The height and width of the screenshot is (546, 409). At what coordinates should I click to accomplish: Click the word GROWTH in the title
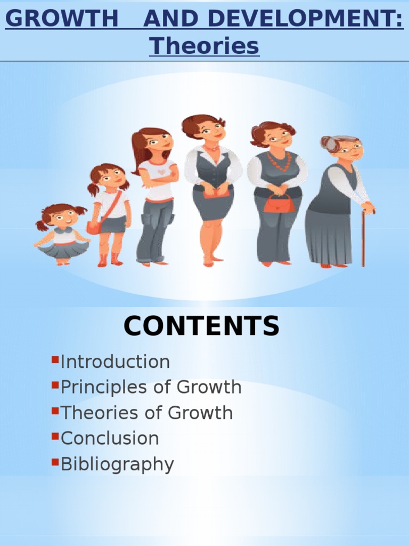pyautogui.click(x=62, y=20)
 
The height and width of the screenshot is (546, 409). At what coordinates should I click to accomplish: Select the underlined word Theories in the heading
pyautogui.click(x=204, y=46)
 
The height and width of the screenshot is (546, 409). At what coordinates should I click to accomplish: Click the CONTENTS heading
pyautogui.click(x=201, y=326)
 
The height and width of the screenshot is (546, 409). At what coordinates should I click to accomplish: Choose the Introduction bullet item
pyautogui.click(x=115, y=362)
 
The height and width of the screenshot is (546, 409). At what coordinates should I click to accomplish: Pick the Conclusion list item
pyautogui.click(x=110, y=439)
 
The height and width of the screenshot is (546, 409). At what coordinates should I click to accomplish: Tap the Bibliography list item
pyautogui.click(x=117, y=464)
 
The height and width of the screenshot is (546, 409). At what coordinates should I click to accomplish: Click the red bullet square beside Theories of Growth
pyautogui.click(x=54, y=411)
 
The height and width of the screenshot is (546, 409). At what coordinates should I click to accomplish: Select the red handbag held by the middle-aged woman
pyautogui.click(x=279, y=204)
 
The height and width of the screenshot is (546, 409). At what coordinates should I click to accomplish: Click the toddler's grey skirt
pyautogui.click(x=63, y=249)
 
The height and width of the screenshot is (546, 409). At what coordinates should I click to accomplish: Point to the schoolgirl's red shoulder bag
pyautogui.click(x=94, y=227)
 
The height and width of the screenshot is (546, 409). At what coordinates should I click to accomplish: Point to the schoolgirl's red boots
pyautogui.click(x=109, y=259)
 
